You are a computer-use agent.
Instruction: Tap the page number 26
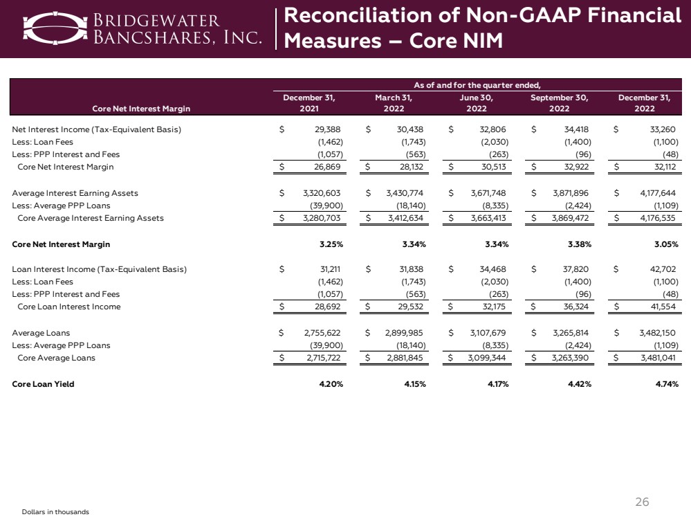643,502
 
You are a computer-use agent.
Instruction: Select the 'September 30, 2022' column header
559,103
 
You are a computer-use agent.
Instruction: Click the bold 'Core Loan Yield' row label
43,384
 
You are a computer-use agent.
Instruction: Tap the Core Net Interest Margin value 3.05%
663,244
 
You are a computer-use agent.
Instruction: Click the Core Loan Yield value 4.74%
663,384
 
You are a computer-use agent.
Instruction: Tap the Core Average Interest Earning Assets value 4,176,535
654,218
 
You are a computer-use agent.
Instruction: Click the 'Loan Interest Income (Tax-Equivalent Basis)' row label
100,269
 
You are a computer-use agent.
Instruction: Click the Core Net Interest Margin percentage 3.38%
578,244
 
